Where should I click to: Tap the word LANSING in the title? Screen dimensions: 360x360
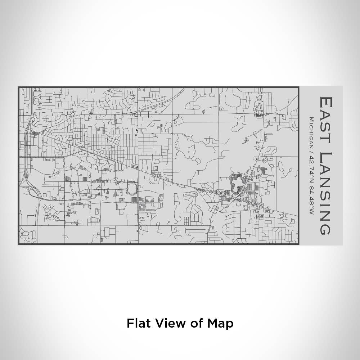tap(325, 193)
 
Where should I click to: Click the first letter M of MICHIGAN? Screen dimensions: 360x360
tap(311, 120)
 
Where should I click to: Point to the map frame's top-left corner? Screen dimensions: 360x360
tap(19, 87)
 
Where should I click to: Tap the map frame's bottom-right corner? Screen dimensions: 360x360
tap(298, 244)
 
